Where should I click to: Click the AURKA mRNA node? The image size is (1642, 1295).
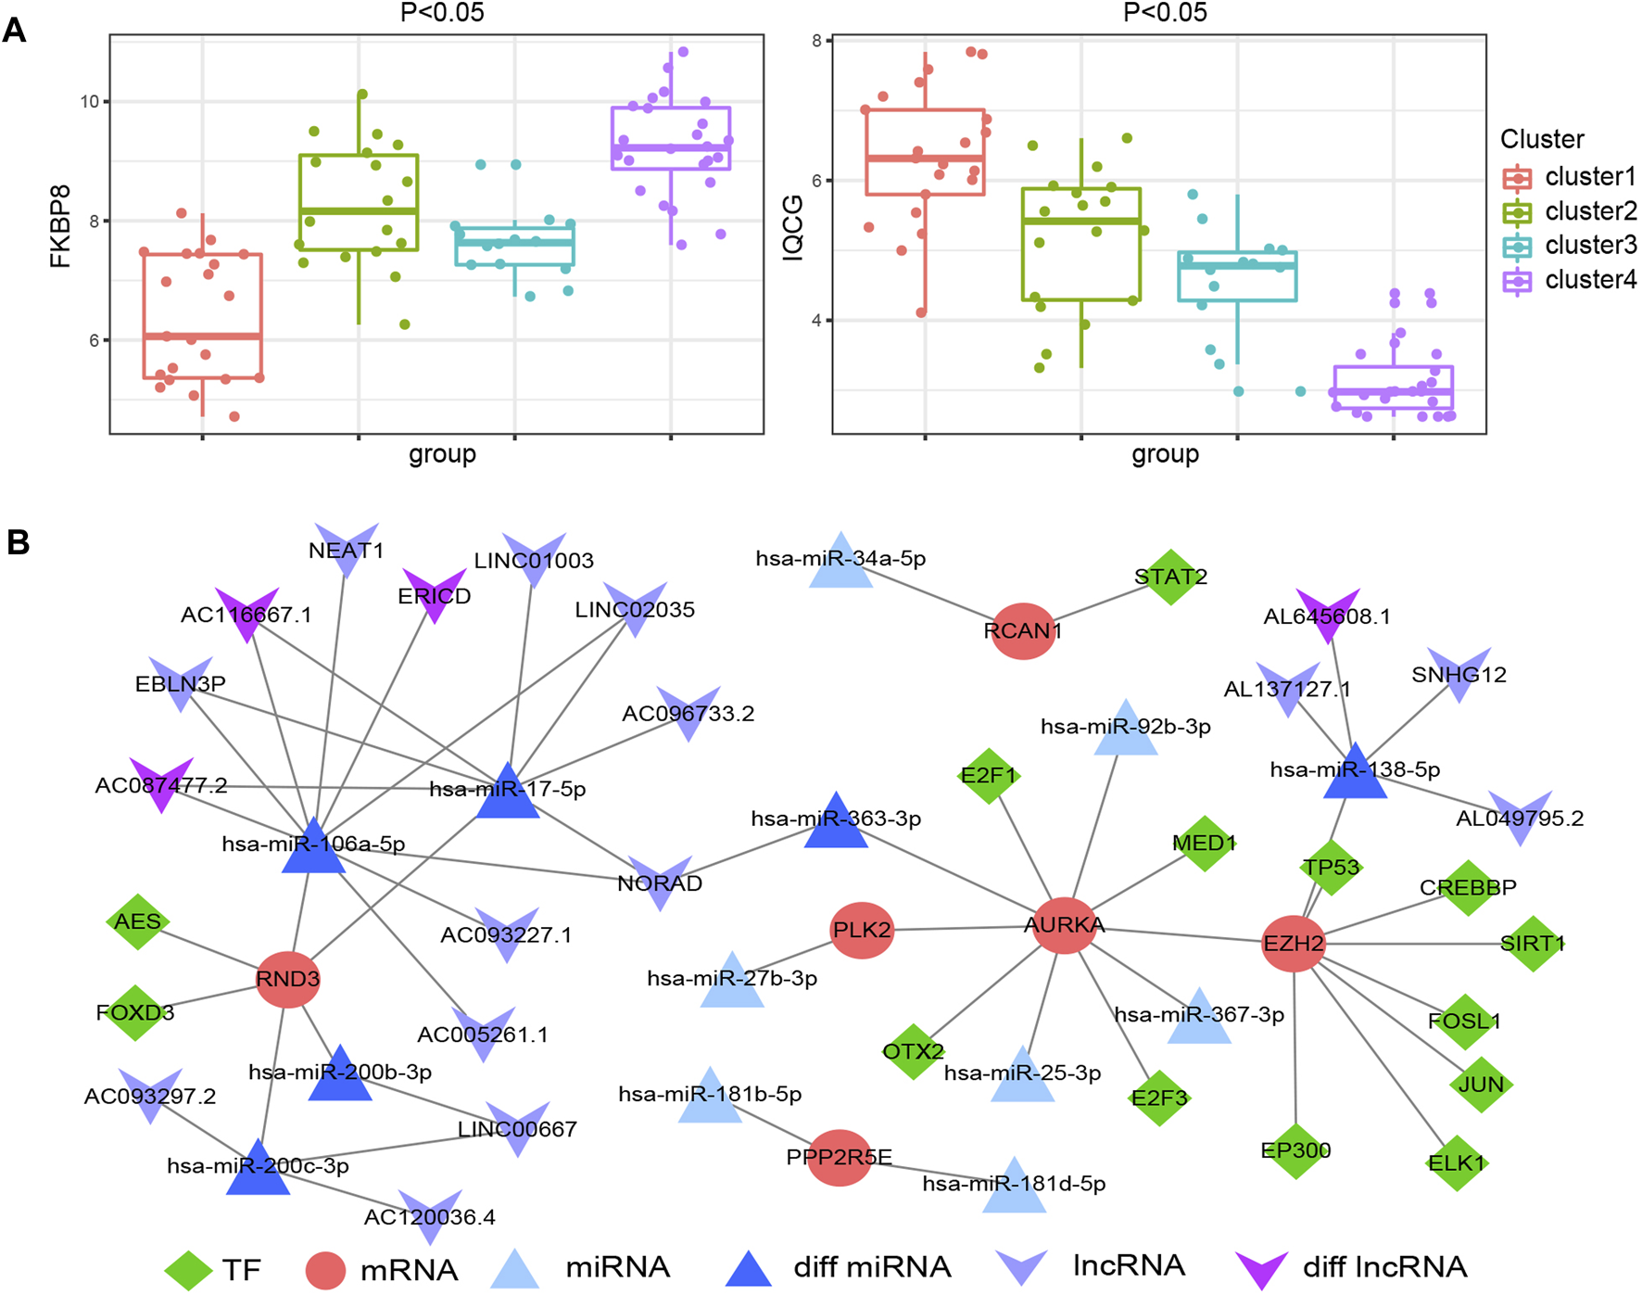[x=1064, y=925]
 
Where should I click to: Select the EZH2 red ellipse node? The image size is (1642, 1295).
[x=1294, y=944]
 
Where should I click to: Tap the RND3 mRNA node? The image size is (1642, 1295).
[x=288, y=979]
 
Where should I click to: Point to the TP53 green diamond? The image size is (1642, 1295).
[x=1331, y=868]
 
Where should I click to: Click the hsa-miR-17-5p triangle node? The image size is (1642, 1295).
[x=508, y=793]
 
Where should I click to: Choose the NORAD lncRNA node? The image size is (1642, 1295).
[x=660, y=882]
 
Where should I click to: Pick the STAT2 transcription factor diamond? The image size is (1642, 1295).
[x=1170, y=577]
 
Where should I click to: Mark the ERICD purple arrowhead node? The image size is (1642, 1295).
[x=434, y=595]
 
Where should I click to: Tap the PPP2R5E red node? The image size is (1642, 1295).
[x=840, y=1157]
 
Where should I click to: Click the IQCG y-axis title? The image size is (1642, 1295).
[x=792, y=227]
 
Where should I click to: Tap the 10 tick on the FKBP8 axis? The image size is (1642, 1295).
[x=90, y=102]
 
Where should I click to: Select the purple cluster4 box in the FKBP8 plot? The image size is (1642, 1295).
[x=671, y=138]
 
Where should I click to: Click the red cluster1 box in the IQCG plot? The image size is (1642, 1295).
[x=925, y=152]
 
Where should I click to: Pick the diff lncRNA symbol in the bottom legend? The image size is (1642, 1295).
[x=1261, y=1269]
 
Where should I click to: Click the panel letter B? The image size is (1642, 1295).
[x=18, y=542]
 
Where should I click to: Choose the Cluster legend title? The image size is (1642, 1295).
[x=1542, y=139]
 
